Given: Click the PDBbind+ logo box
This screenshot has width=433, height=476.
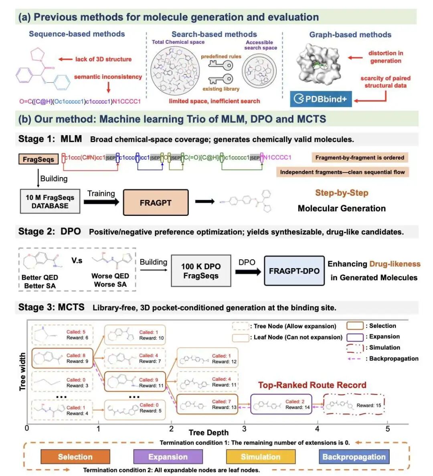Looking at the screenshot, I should pyautogui.click(x=321, y=99).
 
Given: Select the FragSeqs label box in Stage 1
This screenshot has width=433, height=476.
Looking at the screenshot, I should pyautogui.click(x=38, y=159).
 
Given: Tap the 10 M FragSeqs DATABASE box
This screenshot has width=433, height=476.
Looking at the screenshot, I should pyautogui.click(x=50, y=201).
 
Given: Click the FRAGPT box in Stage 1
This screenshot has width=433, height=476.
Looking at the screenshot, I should pyautogui.click(x=156, y=203).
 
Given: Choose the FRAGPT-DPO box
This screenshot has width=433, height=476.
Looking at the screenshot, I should pyautogui.click(x=294, y=271).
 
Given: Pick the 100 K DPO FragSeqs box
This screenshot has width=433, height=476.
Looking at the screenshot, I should pyautogui.click(x=201, y=271).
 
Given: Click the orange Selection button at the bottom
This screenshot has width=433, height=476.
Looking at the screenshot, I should pyautogui.click(x=75, y=457).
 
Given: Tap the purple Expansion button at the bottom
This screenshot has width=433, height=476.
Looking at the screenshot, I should pyautogui.click(x=168, y=457).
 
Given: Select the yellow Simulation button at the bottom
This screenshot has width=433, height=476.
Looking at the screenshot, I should pyautogui.click(x=261, y=457).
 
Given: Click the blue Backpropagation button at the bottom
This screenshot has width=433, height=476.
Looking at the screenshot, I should pyautogui.click(x=354, y=457).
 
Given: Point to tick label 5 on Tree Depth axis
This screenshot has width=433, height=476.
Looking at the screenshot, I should pyautogui.click(x=388, y=429).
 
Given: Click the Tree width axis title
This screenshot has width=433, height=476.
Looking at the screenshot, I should pyautogui.click(x=22, y=371).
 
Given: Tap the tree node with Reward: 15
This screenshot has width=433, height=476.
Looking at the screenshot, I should pyautogui.click(x=354, y=405).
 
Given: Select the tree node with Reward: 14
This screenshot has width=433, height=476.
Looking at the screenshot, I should pyautogui.click(x=281, y=404).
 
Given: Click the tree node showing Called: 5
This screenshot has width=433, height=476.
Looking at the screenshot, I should pyautogui.click(x=62, y=335).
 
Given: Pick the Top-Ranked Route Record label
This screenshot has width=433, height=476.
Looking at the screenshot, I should pyautogui.click(x=312, y=385).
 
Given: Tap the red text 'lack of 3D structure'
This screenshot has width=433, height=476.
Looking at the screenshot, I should pyautogui.click(x=103, y=59).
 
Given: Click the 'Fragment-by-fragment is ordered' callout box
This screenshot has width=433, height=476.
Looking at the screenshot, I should pyautogui.click(x=360, y=158).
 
